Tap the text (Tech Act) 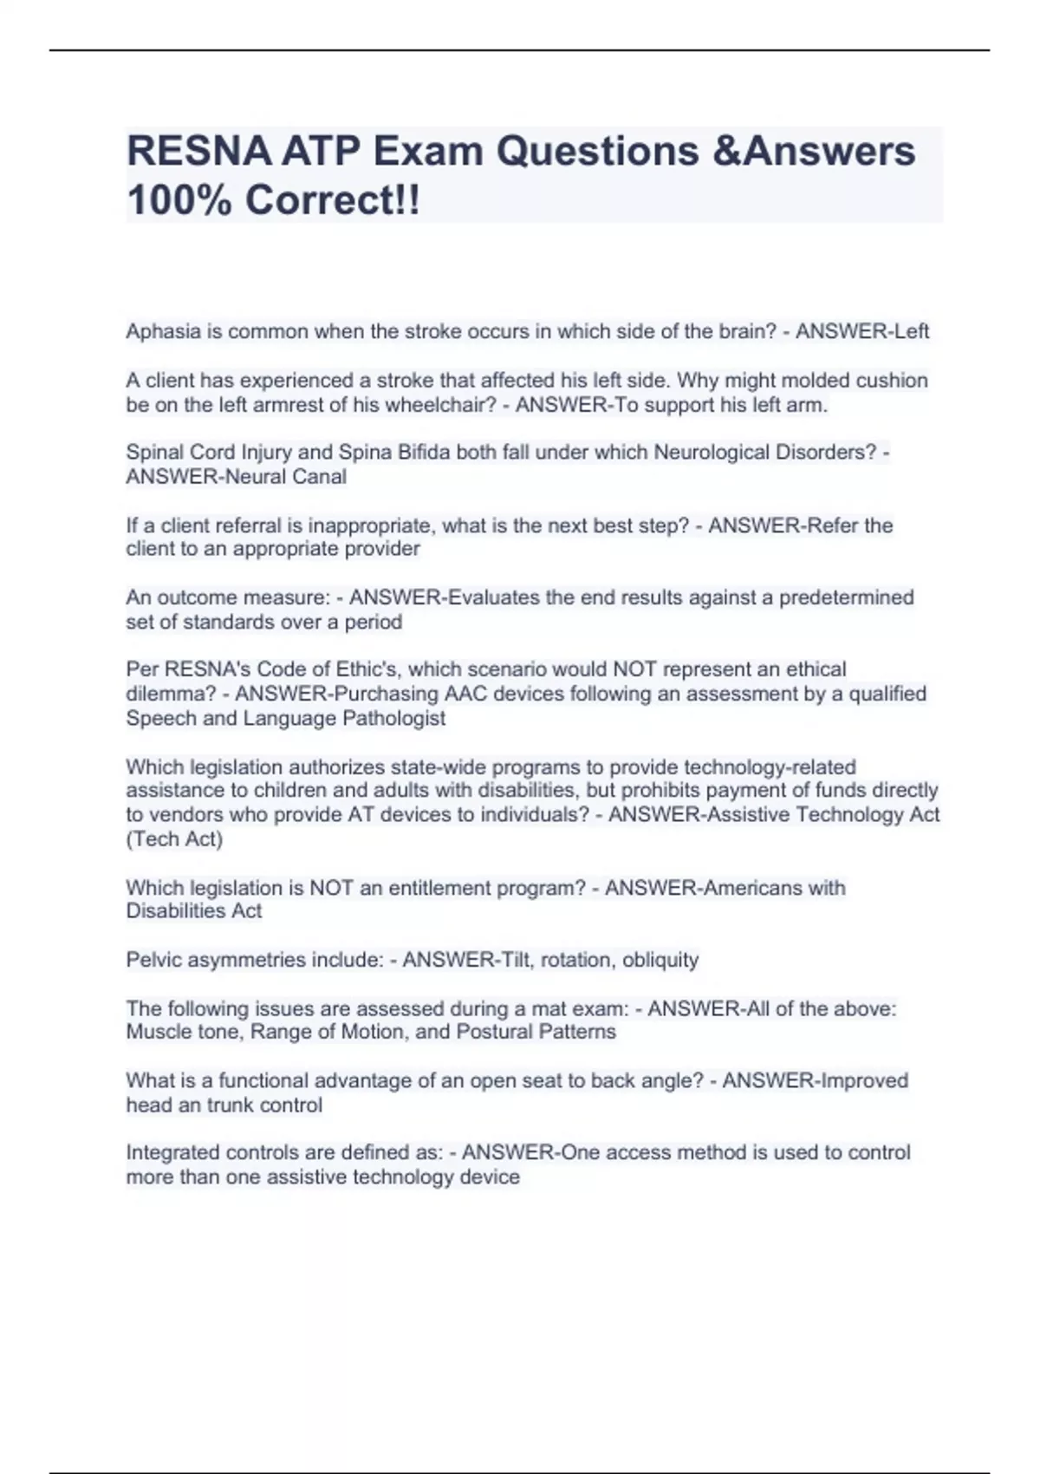point(174,838)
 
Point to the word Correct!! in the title point(332,200)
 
